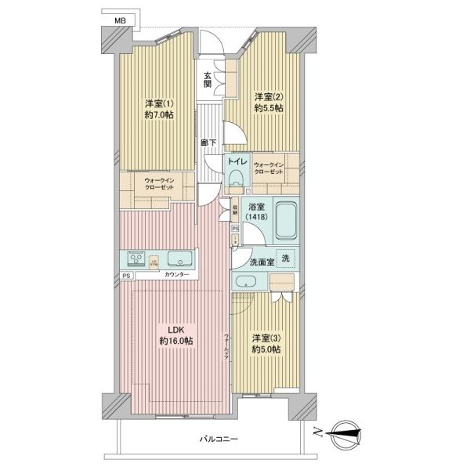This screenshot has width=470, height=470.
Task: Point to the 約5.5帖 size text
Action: pos(267,110)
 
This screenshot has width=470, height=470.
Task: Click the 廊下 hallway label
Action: pos(208,143)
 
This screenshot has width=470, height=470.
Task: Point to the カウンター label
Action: pos(177,276)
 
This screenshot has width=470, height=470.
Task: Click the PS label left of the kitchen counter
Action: pos(126,276)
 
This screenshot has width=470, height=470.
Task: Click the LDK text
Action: pos(176,329)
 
